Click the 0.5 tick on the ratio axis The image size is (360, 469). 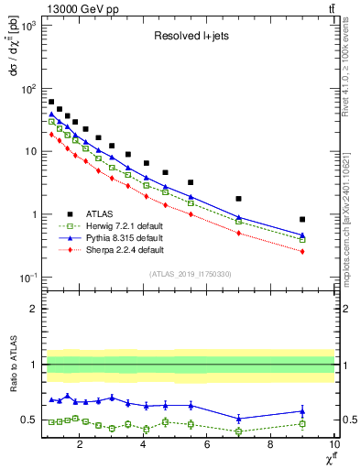coord(29,420)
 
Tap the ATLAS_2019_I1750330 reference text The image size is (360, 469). coord(189,274)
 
